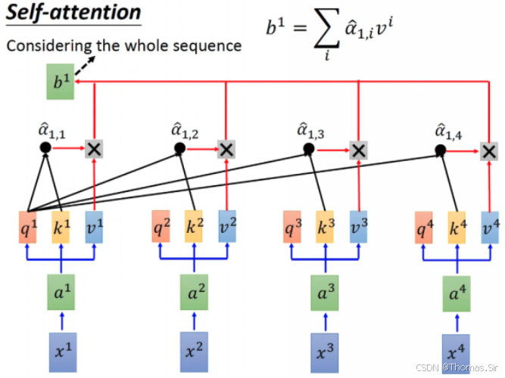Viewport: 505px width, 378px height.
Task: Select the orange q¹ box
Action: point(28,226)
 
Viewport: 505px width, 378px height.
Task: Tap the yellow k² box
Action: point(194,227)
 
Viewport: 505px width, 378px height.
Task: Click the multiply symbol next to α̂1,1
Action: point(94,148)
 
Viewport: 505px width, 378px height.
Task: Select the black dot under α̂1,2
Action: point(179,148)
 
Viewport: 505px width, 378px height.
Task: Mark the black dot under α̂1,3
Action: point(309,149)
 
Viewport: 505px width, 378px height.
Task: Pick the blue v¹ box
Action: point(94,226)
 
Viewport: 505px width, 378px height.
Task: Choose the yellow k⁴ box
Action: point(457,227)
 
